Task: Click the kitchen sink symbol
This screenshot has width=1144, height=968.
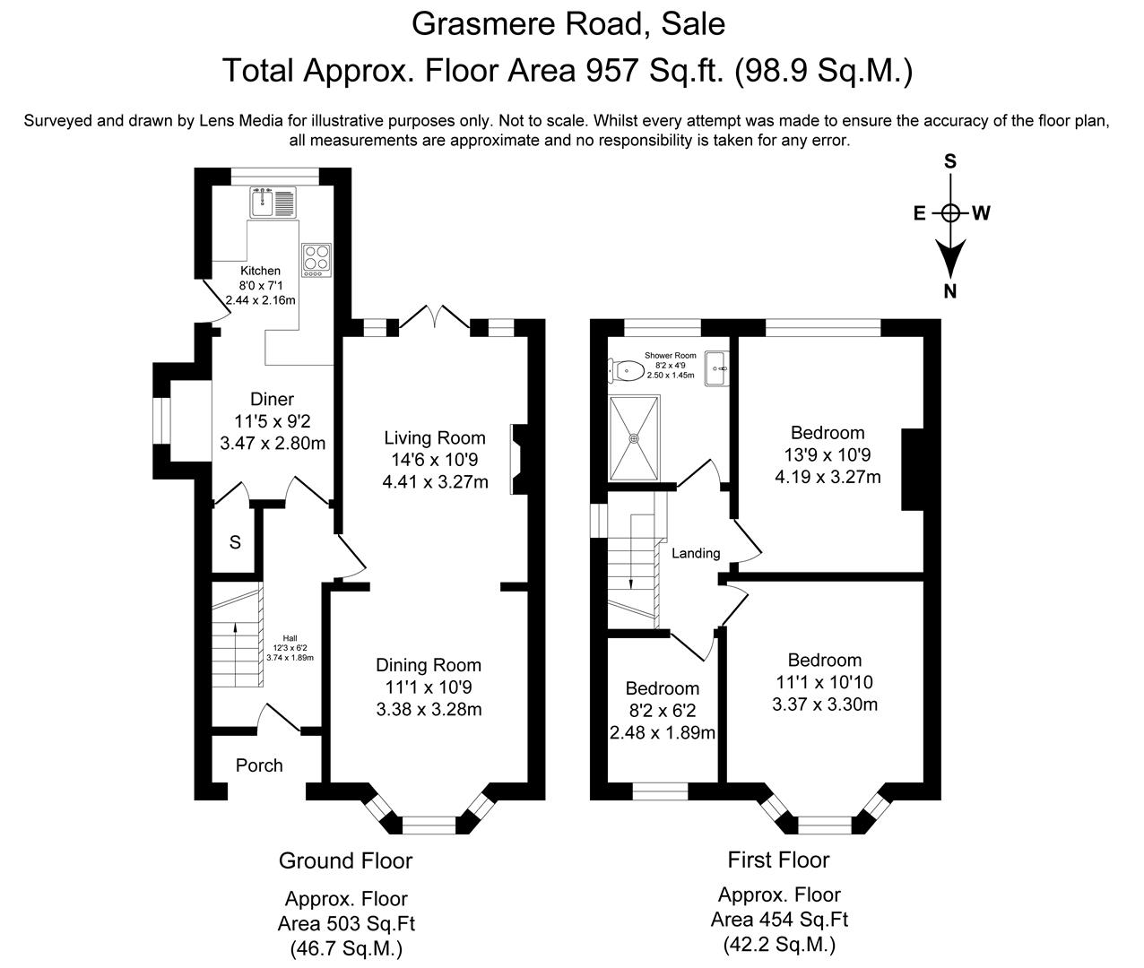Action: click(273, 202)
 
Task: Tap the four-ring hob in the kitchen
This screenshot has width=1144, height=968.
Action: click(316, 259)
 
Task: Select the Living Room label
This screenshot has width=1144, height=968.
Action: click(435, 438)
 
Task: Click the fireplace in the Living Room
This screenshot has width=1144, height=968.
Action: click(518, 459)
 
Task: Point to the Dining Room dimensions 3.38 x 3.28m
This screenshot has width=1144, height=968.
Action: click(429, 710)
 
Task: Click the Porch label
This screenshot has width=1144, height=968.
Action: click(259, 765)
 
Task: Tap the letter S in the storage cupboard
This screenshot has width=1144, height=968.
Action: click(235, 542)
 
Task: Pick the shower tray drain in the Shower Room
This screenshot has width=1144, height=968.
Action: click(635, 439)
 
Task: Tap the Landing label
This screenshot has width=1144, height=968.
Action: click(696, 553)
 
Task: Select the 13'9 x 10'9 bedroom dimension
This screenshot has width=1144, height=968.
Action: click(828, 455)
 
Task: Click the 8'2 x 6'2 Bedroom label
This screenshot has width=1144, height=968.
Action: click(663, 688)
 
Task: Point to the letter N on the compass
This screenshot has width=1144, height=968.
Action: click(950, 290)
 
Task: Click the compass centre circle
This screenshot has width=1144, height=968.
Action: click(950, 213)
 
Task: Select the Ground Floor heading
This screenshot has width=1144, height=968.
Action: click(345, 861)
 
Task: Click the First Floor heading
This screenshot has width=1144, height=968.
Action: click(778, 860)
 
